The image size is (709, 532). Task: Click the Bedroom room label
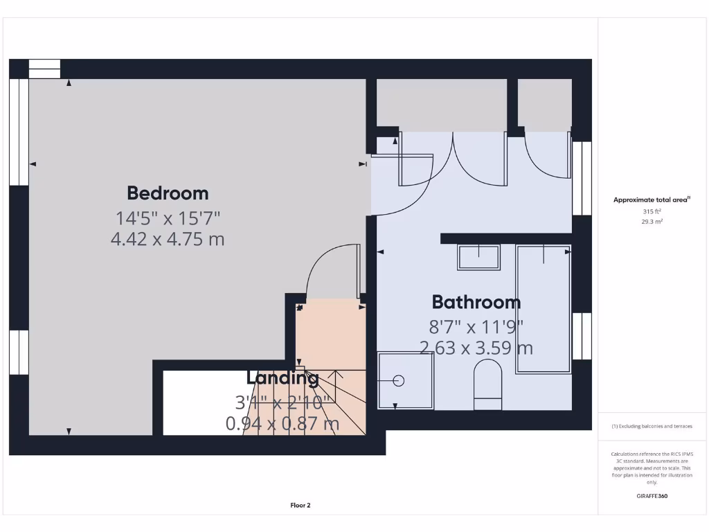[168, 193]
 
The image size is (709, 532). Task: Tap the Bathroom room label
[476, 302]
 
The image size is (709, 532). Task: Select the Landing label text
[282, 378]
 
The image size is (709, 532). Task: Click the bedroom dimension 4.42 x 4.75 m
[168, 240]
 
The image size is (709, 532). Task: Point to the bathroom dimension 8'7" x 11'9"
[476, 326]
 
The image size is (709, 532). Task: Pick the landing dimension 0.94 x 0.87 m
[282, 423]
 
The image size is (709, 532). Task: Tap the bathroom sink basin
[478, 257]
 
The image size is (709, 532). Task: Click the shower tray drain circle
[398, 380]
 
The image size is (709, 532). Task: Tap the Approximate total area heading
[651, 199]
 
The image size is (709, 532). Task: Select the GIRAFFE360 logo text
[652, 496]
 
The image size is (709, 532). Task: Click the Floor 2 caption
[300, 506]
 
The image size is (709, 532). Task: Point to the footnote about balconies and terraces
[652, 426]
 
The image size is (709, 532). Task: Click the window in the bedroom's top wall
[44, 69]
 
